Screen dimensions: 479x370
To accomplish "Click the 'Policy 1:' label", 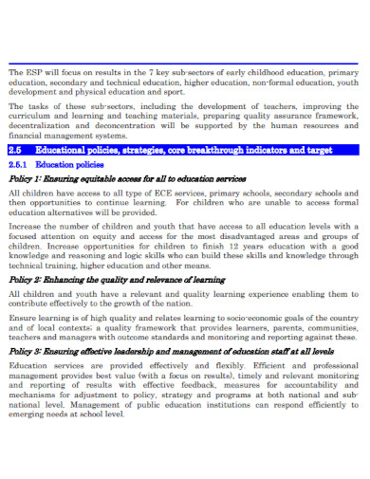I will pyautogui.click(x=25, y=178).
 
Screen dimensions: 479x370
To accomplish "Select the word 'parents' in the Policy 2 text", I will pyautogui.click(x=279, y=325).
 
